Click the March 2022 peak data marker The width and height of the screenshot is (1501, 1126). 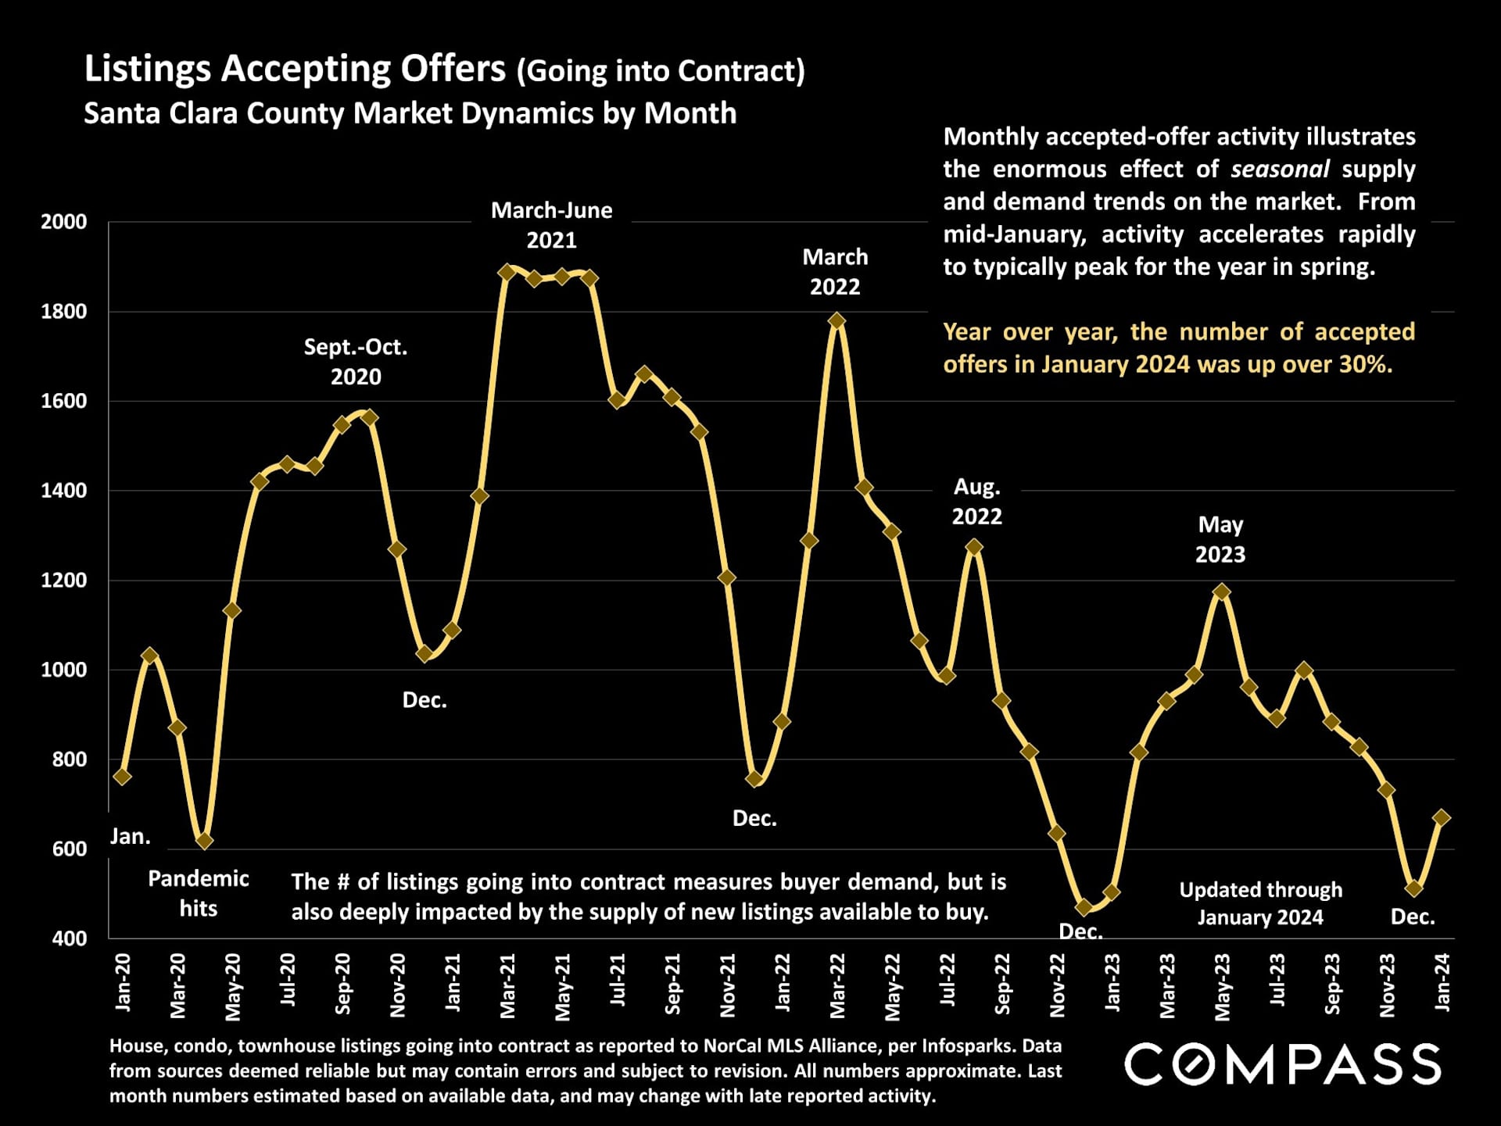pyautogui.click(x=836, y=320)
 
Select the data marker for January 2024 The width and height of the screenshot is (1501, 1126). pyautogui.click(x=1442, y=817)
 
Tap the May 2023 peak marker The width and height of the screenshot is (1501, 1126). pyautogui.click(x=1221, y=592)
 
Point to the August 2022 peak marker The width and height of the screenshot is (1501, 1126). pyautogui.click(x=974, y=547)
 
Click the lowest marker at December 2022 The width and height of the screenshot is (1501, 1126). pyautogui.click(x=1084, y=907)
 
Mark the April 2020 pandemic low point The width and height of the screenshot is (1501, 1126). pyautogui.click(x=205, y=841)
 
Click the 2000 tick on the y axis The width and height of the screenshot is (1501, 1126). pyautogui.click(x=64, y=222)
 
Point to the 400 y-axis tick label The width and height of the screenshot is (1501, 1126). pyautogui.click(x=70, y=938)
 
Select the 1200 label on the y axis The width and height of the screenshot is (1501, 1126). pyautogui.click(x=64, y=581)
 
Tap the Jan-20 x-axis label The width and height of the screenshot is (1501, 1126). pyautogui.click(x=124, y=982)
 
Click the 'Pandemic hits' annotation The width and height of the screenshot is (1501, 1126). pyautogui.click(x=199, y=893)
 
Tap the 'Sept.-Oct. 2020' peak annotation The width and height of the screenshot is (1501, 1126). pyautogui.click(x=356, y=362)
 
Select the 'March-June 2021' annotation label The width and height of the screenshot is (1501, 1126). pyautogui.click(x=551, y=225)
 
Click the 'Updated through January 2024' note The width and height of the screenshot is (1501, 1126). pyautogui.click(x=1260, y=903)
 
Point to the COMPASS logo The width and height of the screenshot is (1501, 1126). pyautogui.click(x=1282, y=1064)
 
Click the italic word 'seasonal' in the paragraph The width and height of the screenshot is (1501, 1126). pyautogui.click(x=1280, y=169)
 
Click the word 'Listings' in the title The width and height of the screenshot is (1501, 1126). pyautogui.click(x=148, y=69)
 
